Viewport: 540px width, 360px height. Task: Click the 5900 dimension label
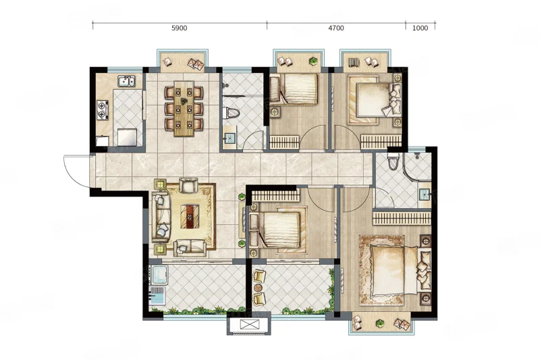point(179,28)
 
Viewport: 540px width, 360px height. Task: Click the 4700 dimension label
point(335,28)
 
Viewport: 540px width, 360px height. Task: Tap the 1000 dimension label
point(420,28)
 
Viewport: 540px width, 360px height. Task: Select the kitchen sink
point(126,81)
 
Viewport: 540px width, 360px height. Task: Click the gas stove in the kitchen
point(103,110)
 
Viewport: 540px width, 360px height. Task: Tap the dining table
point(184,109)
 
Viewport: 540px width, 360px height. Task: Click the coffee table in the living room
point(190,216)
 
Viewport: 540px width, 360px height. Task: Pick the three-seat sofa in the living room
point(161,217)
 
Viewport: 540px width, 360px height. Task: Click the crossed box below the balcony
point(249,324)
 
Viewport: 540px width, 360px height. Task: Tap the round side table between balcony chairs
point(259,288)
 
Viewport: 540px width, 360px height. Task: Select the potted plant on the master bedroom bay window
point(379,323)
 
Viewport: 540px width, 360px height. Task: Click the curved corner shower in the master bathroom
point(415,167)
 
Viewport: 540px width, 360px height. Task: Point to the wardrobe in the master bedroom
point(402,218)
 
